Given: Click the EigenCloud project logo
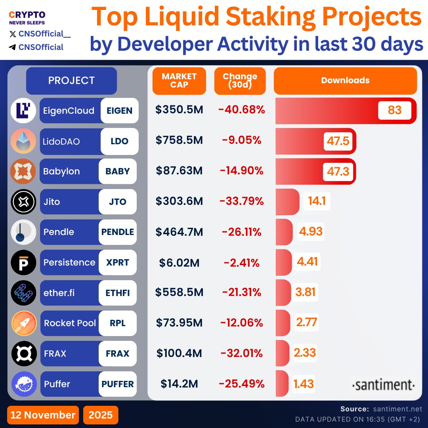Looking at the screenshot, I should click(23, 111).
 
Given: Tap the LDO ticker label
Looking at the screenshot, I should click(119, 141).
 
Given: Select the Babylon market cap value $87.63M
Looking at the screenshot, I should click(179, 171).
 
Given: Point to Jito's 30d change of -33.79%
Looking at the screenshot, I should click(241, 202).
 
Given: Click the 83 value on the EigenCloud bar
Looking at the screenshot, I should click(395, 110).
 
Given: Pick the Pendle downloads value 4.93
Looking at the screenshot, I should click(311, 231).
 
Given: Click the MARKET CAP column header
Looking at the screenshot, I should click(179, 80).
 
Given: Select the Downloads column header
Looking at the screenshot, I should click(345, 80).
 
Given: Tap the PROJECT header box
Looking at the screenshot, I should click(71, 80).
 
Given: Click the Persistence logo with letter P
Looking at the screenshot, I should click(23, 262).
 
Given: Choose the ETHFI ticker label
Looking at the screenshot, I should click(118, 293).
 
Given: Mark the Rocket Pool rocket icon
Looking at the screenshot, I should click(23, 323).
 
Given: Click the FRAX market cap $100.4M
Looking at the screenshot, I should click(179, 353).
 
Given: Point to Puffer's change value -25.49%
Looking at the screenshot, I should click(241, 384).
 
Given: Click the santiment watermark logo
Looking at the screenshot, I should click(383, 385).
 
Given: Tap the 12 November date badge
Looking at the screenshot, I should click(43, 415).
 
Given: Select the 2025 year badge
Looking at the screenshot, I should click(101, 415).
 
